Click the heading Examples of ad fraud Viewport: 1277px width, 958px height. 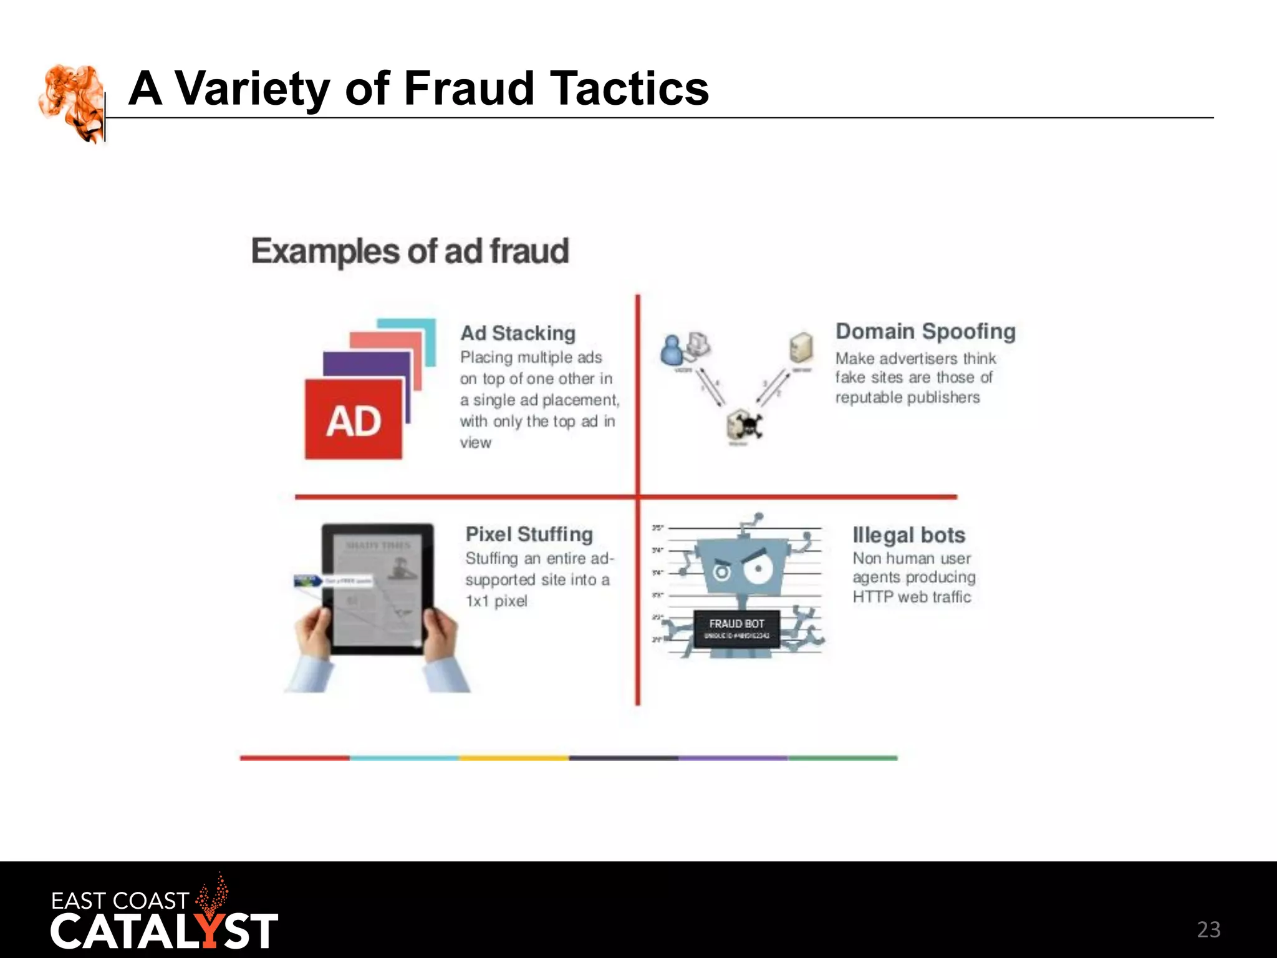point(410,251)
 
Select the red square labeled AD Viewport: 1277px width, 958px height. point(354,420)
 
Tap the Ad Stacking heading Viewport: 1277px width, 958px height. point(518,333)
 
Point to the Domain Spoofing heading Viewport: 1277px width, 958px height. point(925,331)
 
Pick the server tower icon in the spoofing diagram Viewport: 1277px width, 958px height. point(801,347)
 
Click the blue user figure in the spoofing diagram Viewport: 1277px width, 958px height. point(672,350)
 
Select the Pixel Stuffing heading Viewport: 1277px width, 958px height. point(529,535)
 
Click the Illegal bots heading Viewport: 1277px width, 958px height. point(908,535)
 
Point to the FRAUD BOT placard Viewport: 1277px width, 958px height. point(736,628)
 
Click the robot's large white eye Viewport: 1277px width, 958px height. point(758,569)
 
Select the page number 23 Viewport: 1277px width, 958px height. point(1208,930)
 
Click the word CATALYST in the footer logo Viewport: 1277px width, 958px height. point(164,932)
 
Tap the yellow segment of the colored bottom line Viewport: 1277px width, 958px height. point(514,758)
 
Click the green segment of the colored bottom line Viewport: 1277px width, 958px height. point(842,758)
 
